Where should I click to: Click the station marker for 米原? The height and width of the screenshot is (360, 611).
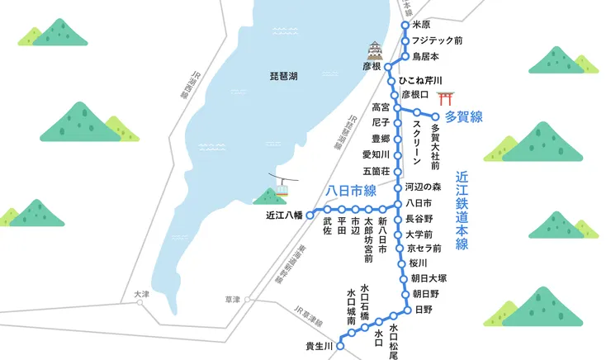click(x=405, y=26)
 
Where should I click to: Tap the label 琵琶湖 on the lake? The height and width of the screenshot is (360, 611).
click(x=283, y=75)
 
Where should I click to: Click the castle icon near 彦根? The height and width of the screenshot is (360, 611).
click(x=377, y=50)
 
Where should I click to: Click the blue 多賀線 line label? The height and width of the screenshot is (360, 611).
click(x=463, y=116)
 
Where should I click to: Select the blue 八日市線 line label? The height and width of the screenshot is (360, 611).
click(x=351, y=190)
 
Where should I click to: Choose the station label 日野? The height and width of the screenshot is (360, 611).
click(x=423, y=309)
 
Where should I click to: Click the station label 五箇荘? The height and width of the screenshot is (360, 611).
click(x=375, y=171)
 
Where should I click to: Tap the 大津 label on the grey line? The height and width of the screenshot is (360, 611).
click(x=141, y=294)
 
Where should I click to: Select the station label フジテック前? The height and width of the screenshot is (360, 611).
click(x=437, y=40)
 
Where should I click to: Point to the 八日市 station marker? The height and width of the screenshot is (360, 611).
click(x=398, y=203)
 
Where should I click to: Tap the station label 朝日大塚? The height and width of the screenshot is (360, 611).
click(x=429, y=278)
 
